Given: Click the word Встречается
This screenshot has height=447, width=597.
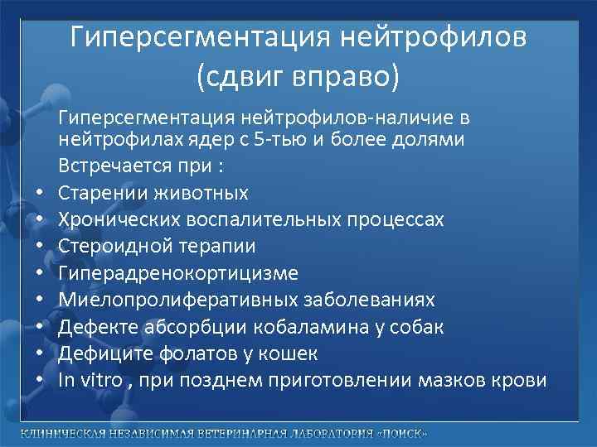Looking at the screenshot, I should click(111, 166).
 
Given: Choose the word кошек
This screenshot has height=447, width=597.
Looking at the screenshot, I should click(291, 353).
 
